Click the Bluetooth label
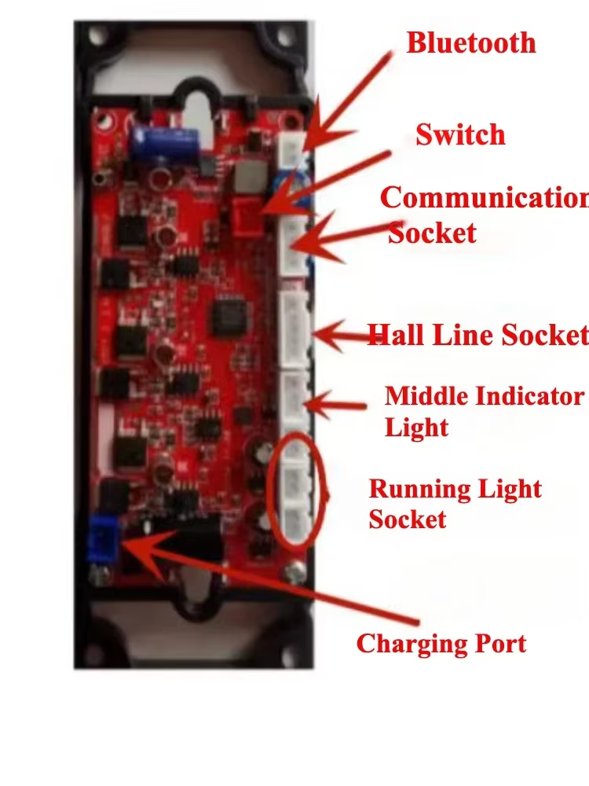470,43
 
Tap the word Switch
460,134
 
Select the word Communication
485,198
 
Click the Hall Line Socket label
477,335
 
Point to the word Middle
426,396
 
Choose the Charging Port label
441,645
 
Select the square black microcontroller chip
228,317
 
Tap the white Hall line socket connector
295,329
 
